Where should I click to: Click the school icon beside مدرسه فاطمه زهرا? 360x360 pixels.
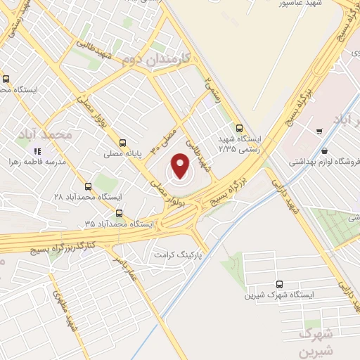37,150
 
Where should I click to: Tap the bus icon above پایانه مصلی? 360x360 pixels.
123,141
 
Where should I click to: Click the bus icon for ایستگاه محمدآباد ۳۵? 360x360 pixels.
118,213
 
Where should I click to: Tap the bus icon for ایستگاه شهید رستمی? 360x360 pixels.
240,129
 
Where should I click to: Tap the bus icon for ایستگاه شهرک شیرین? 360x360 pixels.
280,284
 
